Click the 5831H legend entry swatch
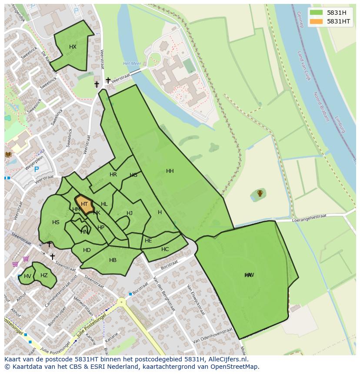coord(316,13)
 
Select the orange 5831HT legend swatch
coord(316,21)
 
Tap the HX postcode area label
coord(73,47)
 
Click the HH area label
coord(170,171)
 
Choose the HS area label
coord(56,222)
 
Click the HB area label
coord(113,260)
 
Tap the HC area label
coord(165,249)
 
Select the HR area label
coord(113,175)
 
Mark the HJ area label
coord(130,213)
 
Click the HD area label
coord(87,250)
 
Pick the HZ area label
coord(44,275)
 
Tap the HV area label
coord(27,276)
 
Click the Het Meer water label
coord(132,63)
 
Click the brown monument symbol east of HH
coord(260,193)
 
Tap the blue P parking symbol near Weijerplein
coord(37,170)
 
